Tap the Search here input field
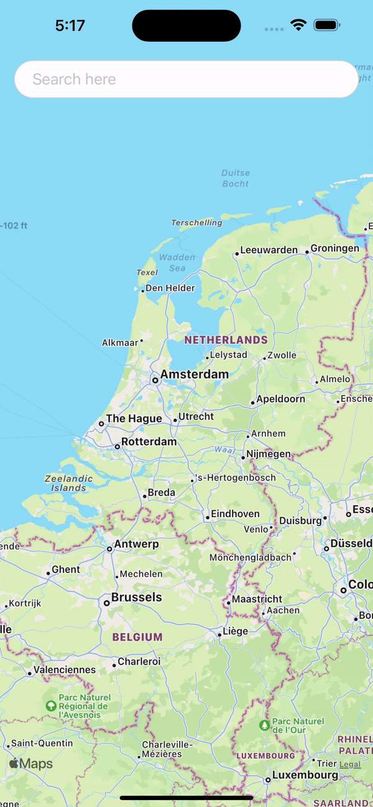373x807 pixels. pos(186,79)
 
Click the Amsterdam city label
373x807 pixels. pos(194,374)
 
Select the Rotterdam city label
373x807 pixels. pos(149,442)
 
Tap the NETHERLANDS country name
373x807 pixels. pos(226,340)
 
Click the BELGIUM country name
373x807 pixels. pos(137,637)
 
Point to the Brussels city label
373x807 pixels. pos(136,598)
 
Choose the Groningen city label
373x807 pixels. pos(335,248)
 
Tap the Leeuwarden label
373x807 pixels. pos(269,250)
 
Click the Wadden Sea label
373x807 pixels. pos(177,263)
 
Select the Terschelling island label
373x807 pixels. pos(196,222)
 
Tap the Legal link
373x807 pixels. pos(350,764)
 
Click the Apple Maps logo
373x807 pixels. pos(31,764)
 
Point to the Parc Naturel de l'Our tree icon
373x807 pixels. pos(265,724)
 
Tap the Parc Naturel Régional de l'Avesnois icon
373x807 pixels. pos(51,706)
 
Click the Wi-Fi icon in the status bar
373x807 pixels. pos(298,25)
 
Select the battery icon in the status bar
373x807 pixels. pos(326,25)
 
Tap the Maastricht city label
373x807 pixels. pos(257,600)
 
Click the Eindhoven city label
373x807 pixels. pos(235,514)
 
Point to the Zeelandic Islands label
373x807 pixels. pos(69,483)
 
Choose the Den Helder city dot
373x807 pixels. pos(142,290)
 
